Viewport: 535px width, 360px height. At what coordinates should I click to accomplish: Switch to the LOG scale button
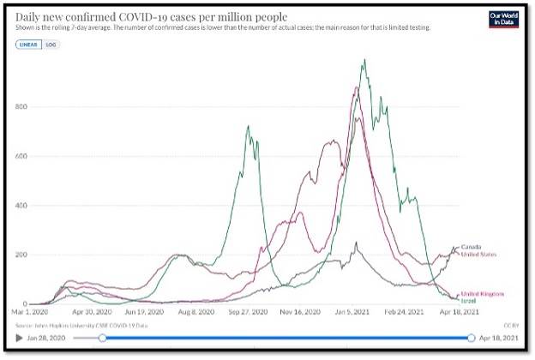(x=50, y=44)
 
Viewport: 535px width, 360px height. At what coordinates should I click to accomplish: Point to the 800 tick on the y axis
(x=22, y=107)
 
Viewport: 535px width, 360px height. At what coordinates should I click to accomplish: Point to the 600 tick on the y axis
(x=22, y=156)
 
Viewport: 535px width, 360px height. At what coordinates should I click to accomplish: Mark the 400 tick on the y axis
(x=22, y=206)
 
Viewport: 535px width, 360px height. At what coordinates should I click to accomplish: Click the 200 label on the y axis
(x=22, y=255)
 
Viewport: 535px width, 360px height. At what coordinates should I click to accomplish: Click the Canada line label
(x=472, y=247)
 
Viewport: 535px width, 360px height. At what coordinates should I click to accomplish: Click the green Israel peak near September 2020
(x=248, y=128)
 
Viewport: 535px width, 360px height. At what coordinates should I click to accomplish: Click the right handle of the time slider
(x=472, y=338)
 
